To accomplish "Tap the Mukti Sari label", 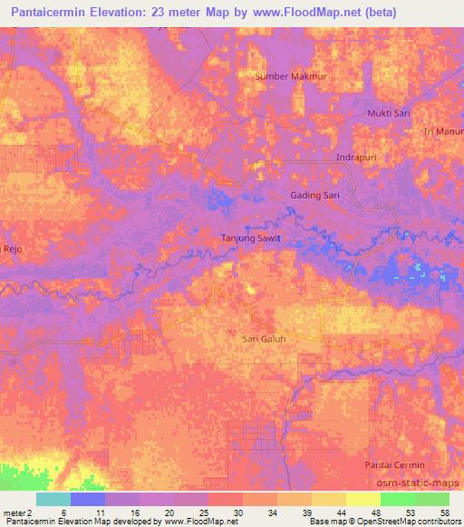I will pos(389,113).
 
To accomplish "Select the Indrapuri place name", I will pos(355,158).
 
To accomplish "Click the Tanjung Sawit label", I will pos(251,238).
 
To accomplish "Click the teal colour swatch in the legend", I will pos(53,498).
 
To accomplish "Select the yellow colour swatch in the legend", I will pos(362,498).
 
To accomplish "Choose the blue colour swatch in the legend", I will pos(88,498).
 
